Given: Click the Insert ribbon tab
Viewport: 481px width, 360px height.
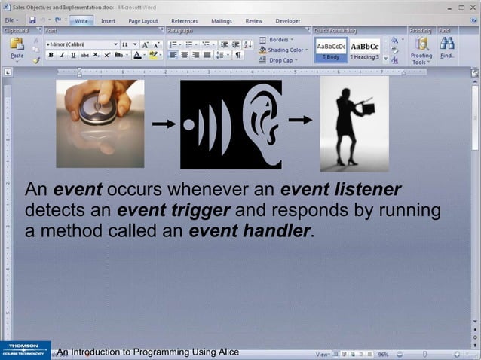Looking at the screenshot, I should pyautogui.click(x=108, y=21).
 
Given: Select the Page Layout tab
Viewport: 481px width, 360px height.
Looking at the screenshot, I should pyautogui.click(x=143, y=21).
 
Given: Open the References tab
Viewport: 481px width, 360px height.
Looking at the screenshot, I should pyautogui.click(x=184, y=21).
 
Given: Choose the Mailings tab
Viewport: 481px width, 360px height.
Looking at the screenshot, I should pyautogui.click(x=222, y=21).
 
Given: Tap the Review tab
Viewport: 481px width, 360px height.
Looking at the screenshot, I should pyautogui.click(x=254, y=21).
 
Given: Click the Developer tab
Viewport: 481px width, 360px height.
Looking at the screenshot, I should pyautogui.click(x=288, y=21).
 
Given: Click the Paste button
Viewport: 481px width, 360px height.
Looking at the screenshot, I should pyautogui.click(x=17, y=48).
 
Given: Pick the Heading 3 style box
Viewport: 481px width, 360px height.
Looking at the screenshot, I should pyautogui.click(x=366, y=50).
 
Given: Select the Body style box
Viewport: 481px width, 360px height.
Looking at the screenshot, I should pyautogui.click(x=331, y=50).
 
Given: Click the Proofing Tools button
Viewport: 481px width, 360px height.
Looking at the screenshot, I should pyautogui.click(x=421, y=50).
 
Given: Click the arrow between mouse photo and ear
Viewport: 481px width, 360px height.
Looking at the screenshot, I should pyautogui.click(x=163, y=123).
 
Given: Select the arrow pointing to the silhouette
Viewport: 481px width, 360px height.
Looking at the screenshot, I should pyautogui.click(x=300, y=119).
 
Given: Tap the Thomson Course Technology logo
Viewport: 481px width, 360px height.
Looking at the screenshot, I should pyautogui.click(x=25, y=350).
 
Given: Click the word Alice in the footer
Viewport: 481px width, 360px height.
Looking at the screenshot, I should pyautogui.click(x=224, y=352).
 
